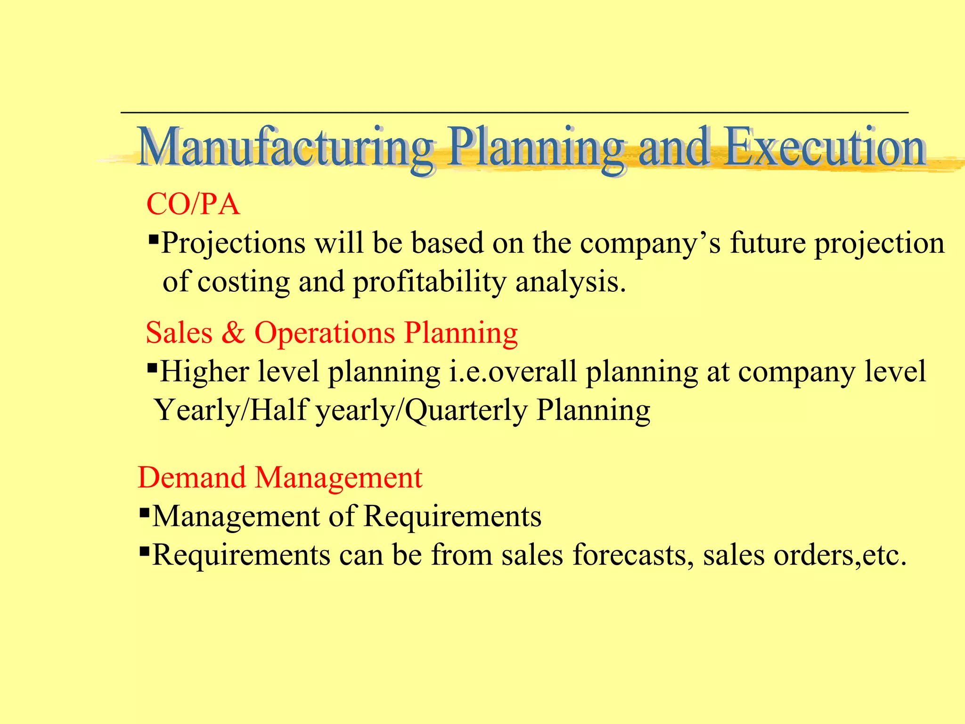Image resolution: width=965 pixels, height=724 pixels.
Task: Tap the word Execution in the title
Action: click(x=825, y=147)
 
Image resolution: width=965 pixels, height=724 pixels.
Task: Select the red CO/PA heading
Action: click(x=193, y=205)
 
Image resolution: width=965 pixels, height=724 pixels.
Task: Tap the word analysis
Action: click(x=570, y=282)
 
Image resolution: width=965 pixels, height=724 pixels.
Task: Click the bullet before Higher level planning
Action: click(x=152, y=367)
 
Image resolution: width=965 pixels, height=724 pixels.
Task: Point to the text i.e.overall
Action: click(x=512, y=371)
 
